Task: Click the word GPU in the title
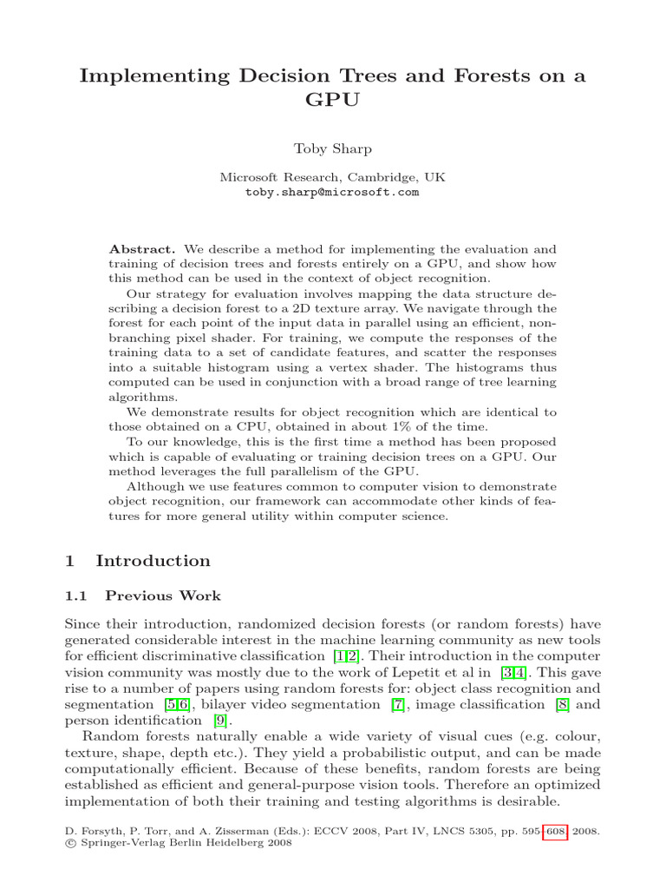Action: click(x=332, y=101)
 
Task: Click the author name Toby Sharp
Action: click(x=332, y=148)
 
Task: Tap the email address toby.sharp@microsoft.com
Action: click(x=332, y=192)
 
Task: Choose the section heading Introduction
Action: click(x=153, y=561)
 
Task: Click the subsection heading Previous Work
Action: click(x=163, y=596)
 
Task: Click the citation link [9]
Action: click(x=220, y=720)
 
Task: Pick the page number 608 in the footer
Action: click(x=554, y=831)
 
